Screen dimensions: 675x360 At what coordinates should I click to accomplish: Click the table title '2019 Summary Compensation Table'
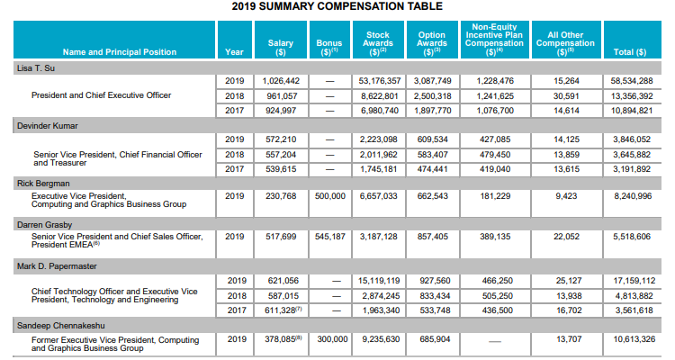(x=337, y=6)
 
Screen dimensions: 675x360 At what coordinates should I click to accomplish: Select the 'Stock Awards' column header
(x=377, y=43)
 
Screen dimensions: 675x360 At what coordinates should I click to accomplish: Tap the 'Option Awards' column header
(x=432, y=43)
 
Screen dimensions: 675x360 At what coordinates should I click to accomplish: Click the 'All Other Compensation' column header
(x=565, y=43)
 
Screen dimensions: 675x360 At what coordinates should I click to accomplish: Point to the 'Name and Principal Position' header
(x=120, y=52)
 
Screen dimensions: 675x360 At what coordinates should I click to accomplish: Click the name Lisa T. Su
(x=36, y=68)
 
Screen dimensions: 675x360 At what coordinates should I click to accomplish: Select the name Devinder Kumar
(x=48, y=126)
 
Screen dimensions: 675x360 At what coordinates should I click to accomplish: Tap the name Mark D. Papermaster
(x=57, y=266)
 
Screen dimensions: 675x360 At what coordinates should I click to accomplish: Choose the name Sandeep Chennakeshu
(x=60, y=326)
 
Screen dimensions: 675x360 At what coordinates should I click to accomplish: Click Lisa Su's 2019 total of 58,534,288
(x=632, y=81)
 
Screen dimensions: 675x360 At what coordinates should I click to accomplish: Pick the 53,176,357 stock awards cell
(x=379, y=81)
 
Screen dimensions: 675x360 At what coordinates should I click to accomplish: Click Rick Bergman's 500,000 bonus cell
(x=330, y=196)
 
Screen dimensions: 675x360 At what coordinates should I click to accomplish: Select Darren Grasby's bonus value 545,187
(x=330, y=237)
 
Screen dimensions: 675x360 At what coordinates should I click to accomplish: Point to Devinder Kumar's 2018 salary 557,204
(x=281, y=155)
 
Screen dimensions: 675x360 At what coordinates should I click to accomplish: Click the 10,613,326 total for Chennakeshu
(x=634, y=339)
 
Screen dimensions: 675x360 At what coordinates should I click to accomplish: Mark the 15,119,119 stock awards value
(x=379, y=281)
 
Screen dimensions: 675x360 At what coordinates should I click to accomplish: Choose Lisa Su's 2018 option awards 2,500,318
(x=433, y=96)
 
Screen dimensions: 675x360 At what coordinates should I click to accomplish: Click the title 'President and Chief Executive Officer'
(x=101, y=95)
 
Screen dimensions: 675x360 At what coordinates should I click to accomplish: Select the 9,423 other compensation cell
(x=566, y=196)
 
